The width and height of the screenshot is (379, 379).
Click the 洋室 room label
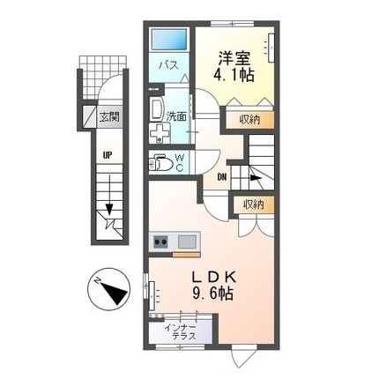pyautogui.click(x=234, y=59)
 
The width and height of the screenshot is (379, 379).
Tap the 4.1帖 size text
pyautogui.click(x=234, y=77)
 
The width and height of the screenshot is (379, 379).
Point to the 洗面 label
pyautogui.click(x=176, y=115)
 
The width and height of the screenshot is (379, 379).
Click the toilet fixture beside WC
pyautogui.click(x=162, y=163)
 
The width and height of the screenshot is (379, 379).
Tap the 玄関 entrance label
pyautogui.click(x=109, y=115)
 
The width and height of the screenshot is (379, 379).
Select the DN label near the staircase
pyautogui.click(x=222, y=175)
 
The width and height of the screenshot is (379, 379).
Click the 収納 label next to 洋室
pyautogui.click(x=249, y=118)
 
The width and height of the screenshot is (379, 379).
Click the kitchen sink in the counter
pyautogui.click(x=187, y=242)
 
